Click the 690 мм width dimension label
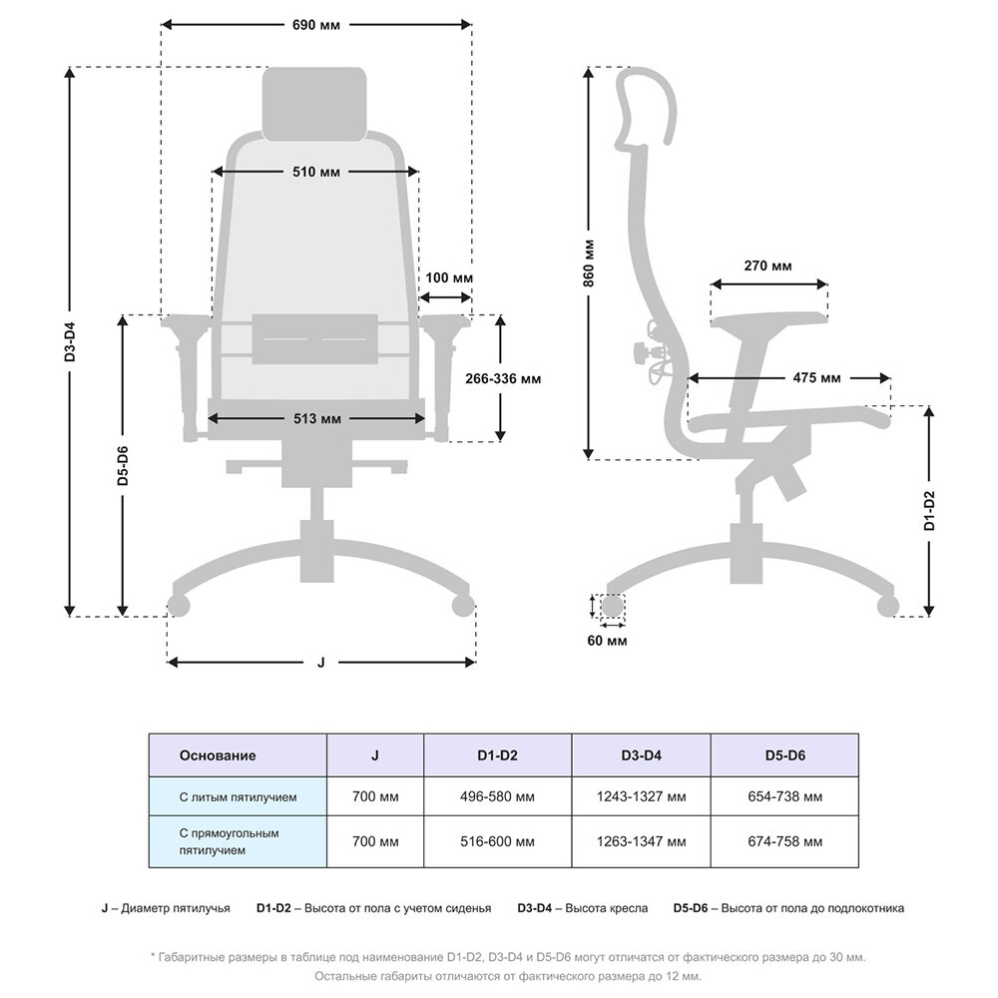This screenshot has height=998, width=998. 316,25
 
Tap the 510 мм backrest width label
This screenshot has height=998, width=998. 316,172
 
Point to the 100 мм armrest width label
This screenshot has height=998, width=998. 449,276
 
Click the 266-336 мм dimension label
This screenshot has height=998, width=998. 504,379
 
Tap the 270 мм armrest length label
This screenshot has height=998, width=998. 768,266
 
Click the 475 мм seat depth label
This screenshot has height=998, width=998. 816,378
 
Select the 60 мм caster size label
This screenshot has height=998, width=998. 608,641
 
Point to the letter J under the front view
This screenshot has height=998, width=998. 320,662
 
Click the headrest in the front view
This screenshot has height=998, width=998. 313,104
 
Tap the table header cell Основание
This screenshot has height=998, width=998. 218,755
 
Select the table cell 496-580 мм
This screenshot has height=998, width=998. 498,797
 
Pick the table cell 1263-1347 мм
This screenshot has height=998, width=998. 641,841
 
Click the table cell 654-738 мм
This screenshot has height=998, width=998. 784,797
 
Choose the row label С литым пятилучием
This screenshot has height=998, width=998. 238,797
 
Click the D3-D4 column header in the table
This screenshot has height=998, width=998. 641,755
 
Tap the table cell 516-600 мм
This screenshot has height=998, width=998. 498,841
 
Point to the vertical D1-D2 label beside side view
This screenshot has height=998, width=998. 929,510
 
